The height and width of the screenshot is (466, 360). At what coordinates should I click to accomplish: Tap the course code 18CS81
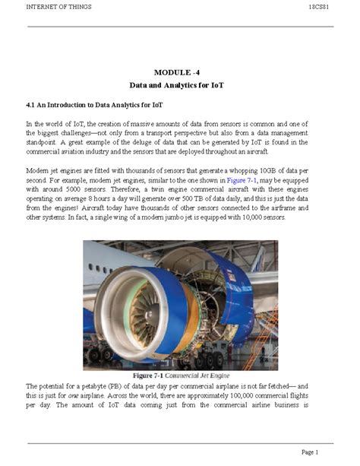320,7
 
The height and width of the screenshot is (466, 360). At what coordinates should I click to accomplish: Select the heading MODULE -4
180,71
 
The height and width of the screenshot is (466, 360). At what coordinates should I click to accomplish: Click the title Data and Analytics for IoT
180,86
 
